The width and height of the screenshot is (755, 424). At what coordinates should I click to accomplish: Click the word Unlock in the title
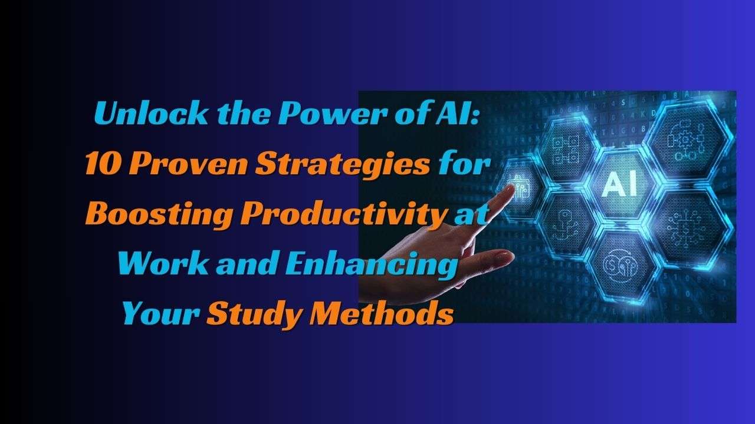click(150, 113)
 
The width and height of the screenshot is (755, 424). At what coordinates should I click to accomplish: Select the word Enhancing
click(371, 265)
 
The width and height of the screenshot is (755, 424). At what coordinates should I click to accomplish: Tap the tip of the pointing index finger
click(511, 188)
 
